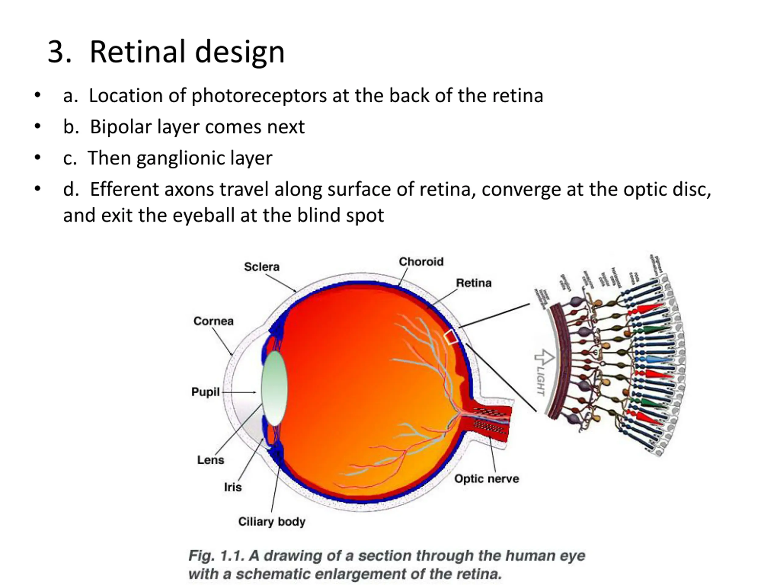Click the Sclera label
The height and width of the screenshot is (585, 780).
point(262,267)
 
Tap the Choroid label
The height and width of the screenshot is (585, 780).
point(421,262)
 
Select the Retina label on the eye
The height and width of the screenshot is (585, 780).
point(473,283)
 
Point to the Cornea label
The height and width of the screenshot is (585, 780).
point(213,321)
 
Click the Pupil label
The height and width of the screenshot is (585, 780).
point(205,392)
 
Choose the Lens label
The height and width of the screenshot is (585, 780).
point(211,460)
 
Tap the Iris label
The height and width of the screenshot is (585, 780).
point(233,487)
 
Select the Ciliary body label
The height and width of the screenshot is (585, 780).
point(271,522)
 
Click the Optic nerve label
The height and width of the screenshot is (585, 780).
point(487,479)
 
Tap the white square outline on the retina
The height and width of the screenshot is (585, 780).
point(451,337)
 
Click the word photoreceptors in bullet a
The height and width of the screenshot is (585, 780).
point(259,96)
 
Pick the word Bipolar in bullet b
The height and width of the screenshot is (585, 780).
point(121,127)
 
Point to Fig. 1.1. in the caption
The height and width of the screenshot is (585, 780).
point(216,556)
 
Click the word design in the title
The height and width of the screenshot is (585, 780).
point(239,52)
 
